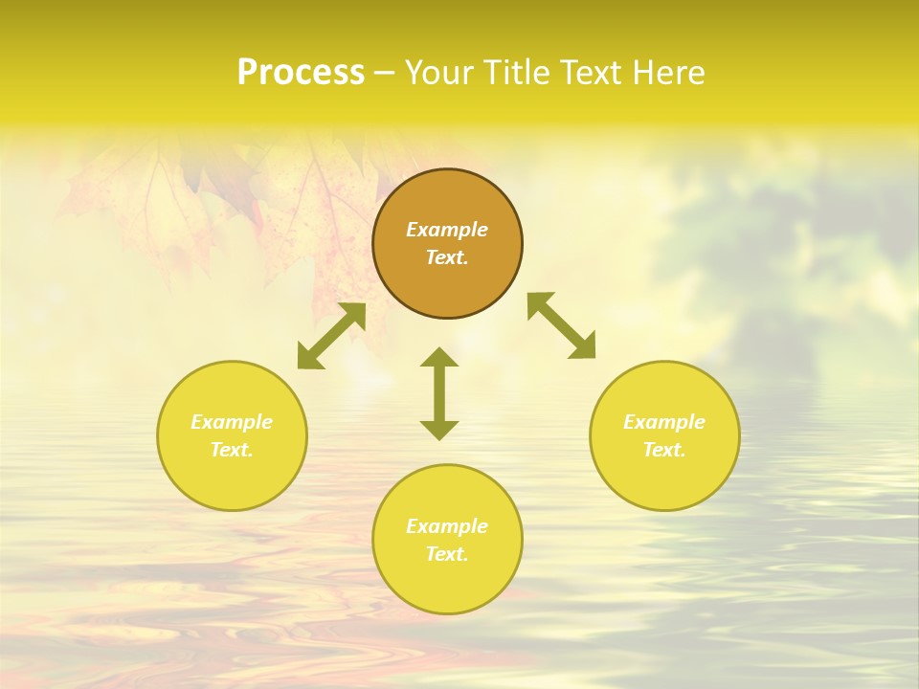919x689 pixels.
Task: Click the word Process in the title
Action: [x=301, y=73]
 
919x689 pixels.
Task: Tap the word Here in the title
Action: [x=666, y=73]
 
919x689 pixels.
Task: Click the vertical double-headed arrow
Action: [x=439, y=393]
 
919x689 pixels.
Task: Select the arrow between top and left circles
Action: [x=331, y=336]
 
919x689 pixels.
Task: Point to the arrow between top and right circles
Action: [x=562, y=325]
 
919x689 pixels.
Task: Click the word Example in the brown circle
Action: [x=447, y=230]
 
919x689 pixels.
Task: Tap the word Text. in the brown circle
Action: [x=447, y=257]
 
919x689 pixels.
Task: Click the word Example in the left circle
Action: [x=232, y=422]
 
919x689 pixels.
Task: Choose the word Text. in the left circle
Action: [x=232, y=450]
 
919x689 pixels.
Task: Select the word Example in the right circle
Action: [x=664, y=422]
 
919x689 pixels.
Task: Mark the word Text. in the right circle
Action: [x=664, y=450]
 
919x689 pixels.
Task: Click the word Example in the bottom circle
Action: [x=447, y=526]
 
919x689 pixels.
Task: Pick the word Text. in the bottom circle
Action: [x=447, y=554]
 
